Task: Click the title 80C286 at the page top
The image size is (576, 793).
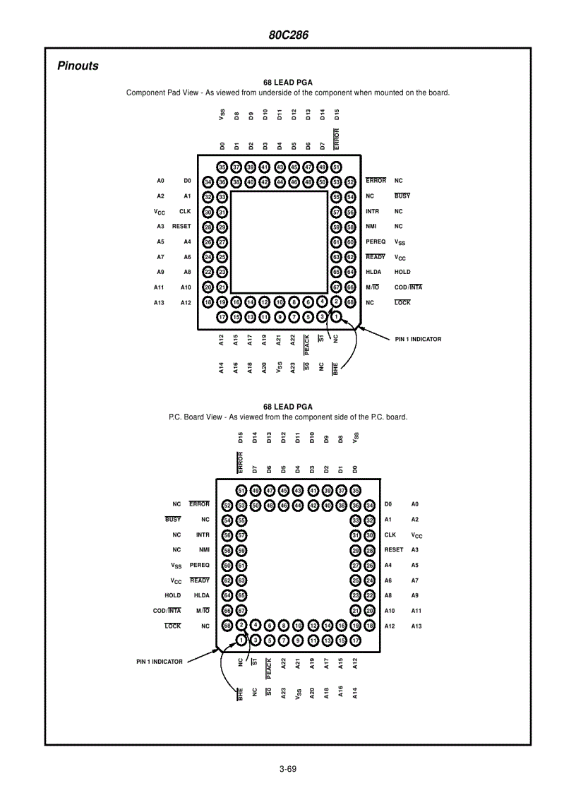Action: pyautogui.click(x=288, y=35)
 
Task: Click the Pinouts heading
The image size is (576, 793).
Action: pyautogui.click(x=78, y=66)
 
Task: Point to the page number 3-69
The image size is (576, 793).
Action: pyautogui.click(x=287, y=769)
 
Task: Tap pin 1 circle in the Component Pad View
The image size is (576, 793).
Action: pyautogui.click(x=337, y=317)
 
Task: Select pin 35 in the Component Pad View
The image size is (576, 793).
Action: pyautogui.click(x=222, y=167)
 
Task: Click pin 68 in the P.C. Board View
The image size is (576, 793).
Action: pyautogui.click(x=227, y=626)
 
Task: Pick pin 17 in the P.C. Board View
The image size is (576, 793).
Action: pyautogui.click(x=356, y=640)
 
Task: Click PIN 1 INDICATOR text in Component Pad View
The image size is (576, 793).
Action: pyautogui.click(x=418, y=339)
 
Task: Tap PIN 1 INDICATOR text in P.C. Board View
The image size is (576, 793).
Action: pyautogui.click(x=160, y=662)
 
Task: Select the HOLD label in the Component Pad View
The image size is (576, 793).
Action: pyautogui.click(x=402, y=272)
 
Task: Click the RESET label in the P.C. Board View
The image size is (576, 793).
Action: pyautogui.click(x=394, y=549)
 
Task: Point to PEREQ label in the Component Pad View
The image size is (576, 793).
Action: pyautogui.click(x=376, y=242)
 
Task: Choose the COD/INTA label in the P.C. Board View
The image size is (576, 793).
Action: pyautogui.click(x=167, y=611)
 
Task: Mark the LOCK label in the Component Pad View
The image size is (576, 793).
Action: pyautogui.click(x=402, y=302)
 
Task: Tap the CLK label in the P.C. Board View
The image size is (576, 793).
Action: pyautogui.click(x=390, y=535)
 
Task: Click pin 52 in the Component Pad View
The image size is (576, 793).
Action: pyautogui.click(x=351, y=181)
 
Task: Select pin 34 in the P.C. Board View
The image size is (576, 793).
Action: pyautogui.click(x=370, y=505)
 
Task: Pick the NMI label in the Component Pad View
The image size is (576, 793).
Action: pyautogui.click(x=371, y=227)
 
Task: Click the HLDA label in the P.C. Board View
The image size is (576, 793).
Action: pyautogui.click(x=202, y=595)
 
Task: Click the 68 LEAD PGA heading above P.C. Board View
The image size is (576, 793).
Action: pyautogui.click(x=288, y=407)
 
